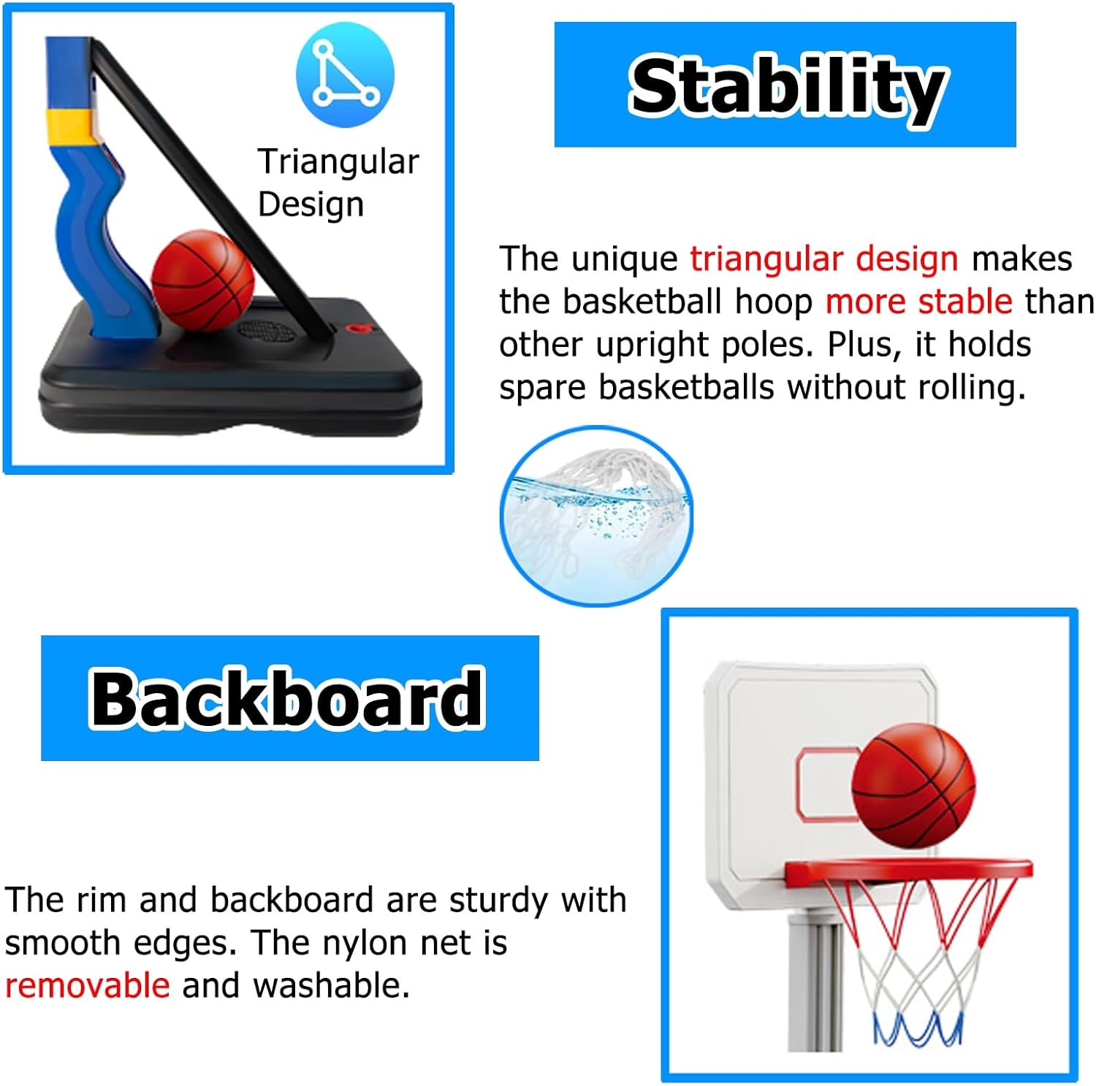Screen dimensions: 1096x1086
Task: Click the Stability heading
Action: coord(788,87)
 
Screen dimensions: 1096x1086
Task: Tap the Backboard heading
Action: coord(286,698)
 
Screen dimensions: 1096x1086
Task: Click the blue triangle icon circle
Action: coord(345,74)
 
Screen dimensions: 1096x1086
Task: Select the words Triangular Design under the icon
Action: coord(338,183)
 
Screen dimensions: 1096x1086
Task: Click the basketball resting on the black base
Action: coord(202,280)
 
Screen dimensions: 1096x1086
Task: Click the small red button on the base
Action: coord(357,329)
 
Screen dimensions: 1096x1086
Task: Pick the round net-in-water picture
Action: coord(596,516)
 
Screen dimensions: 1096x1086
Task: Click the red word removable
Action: coord(88,985)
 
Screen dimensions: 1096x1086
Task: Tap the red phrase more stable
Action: coord(919,301)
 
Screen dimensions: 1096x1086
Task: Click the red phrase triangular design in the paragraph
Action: coord(824,259)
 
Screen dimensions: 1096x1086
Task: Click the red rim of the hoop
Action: coord(908,873)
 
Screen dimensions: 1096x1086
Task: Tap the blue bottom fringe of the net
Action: coord(918,1028)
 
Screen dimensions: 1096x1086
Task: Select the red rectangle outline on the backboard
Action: coord(826,784)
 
